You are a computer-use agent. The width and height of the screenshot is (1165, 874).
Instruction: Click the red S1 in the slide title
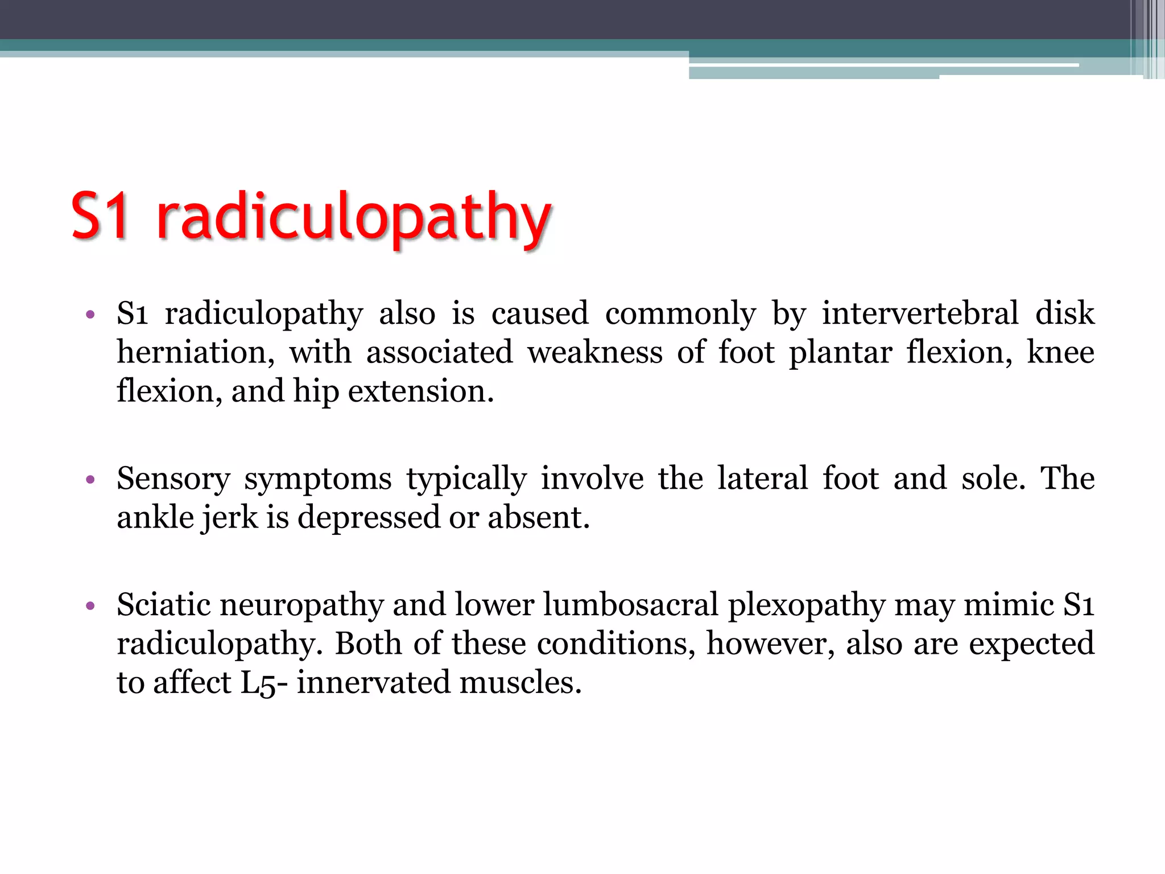pyautogui.click(x=100, y=216)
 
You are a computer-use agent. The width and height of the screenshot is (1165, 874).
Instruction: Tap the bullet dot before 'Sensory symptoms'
pyautogui.click(x=90, y=480)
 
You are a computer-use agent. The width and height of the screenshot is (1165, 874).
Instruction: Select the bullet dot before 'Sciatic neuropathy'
pyautogui.click(x=90, y=606)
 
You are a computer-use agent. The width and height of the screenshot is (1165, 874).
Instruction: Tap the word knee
pyautogui.click(x=1060, y=353)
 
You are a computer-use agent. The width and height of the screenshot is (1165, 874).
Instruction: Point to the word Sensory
pyautogui.click(x=173, y=480)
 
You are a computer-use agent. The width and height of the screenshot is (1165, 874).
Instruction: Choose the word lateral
pyautogui.click(x=762, y=479)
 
